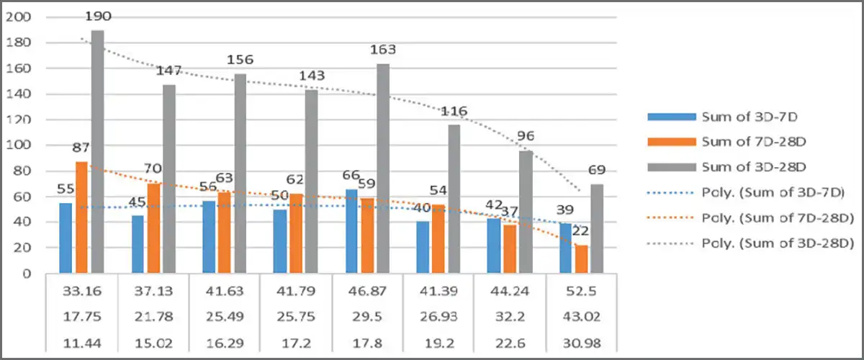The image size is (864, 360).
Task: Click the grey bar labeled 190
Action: pyautogui.click(x=97, y=151)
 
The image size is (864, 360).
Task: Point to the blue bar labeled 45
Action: pyautogui.click(x=137, y=244)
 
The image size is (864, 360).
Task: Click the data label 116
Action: pyautogui.click(x=454, y=112)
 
